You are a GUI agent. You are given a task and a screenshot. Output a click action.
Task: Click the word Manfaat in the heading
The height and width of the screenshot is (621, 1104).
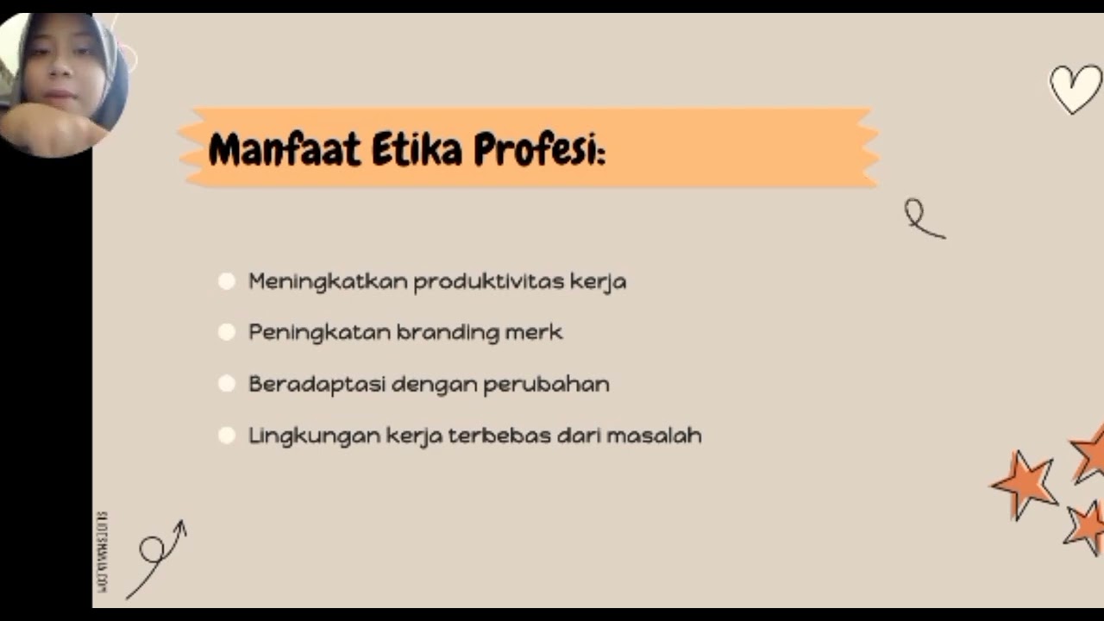(284, 150)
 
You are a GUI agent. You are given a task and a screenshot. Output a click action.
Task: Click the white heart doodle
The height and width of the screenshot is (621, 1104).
(1076, 88)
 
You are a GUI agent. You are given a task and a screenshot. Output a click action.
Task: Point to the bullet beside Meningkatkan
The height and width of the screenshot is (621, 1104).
(227, 281)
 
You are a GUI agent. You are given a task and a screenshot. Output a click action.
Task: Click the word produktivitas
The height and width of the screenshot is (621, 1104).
(489, 281)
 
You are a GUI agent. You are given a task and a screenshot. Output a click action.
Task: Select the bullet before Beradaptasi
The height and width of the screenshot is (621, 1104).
(227, 384)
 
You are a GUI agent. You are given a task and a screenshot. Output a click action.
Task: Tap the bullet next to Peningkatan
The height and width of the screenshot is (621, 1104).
(227, 332)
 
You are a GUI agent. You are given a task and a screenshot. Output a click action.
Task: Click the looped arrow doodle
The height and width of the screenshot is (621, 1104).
(157, 556)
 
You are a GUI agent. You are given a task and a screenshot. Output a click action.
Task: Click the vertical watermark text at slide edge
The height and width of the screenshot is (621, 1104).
(102, 552)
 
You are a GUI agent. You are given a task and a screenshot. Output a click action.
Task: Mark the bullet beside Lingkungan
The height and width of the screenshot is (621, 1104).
(227, 436)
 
